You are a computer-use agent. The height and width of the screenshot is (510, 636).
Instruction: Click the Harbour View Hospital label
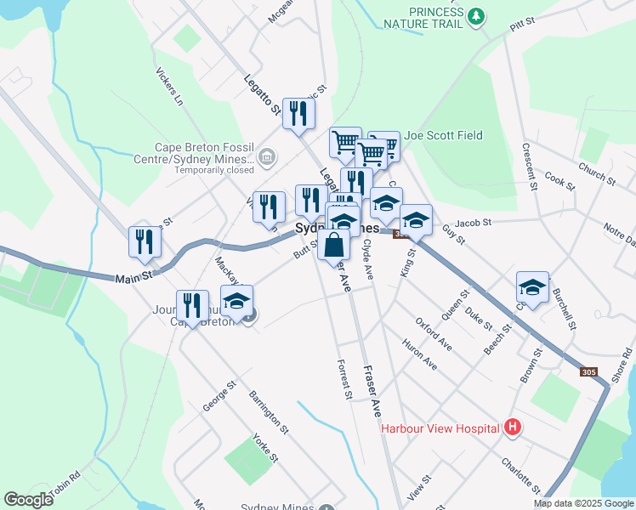(x=440, y=428)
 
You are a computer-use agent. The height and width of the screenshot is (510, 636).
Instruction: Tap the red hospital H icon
(x=511, y=427)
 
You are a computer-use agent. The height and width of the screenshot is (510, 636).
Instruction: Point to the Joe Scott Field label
(x=443, y=135)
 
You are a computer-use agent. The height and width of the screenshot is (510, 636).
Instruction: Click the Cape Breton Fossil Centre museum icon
(x=267, y=157)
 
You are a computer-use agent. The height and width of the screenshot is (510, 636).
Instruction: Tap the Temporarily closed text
(x=213, y=170)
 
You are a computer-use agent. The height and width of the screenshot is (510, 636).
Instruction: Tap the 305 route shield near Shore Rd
(x=589, y=372)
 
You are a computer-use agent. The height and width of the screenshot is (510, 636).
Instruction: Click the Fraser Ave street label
(x=372, y=391)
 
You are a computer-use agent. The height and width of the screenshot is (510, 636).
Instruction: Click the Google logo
(x=28, y=500)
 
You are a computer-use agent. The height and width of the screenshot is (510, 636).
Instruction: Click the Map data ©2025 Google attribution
(x=583, y=503)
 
